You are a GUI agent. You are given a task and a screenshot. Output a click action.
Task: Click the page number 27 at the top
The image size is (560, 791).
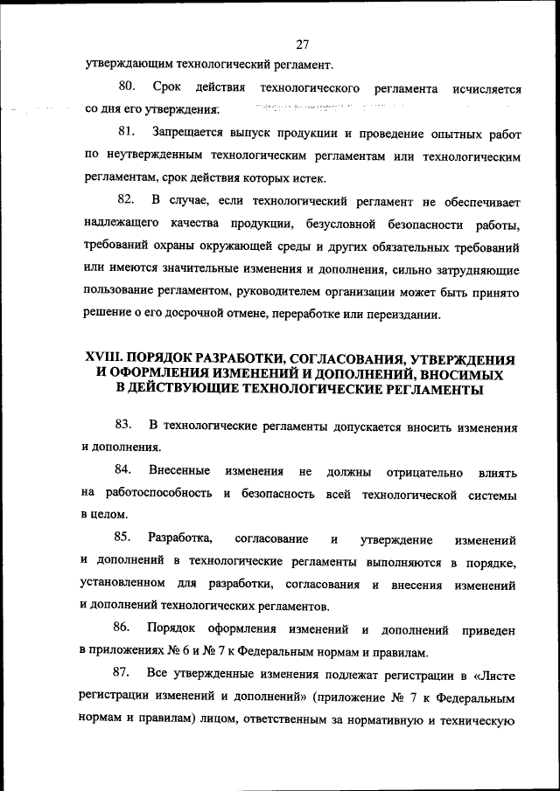point(303,44)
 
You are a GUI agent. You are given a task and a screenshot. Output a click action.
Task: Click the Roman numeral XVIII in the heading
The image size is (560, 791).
point(102,359)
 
